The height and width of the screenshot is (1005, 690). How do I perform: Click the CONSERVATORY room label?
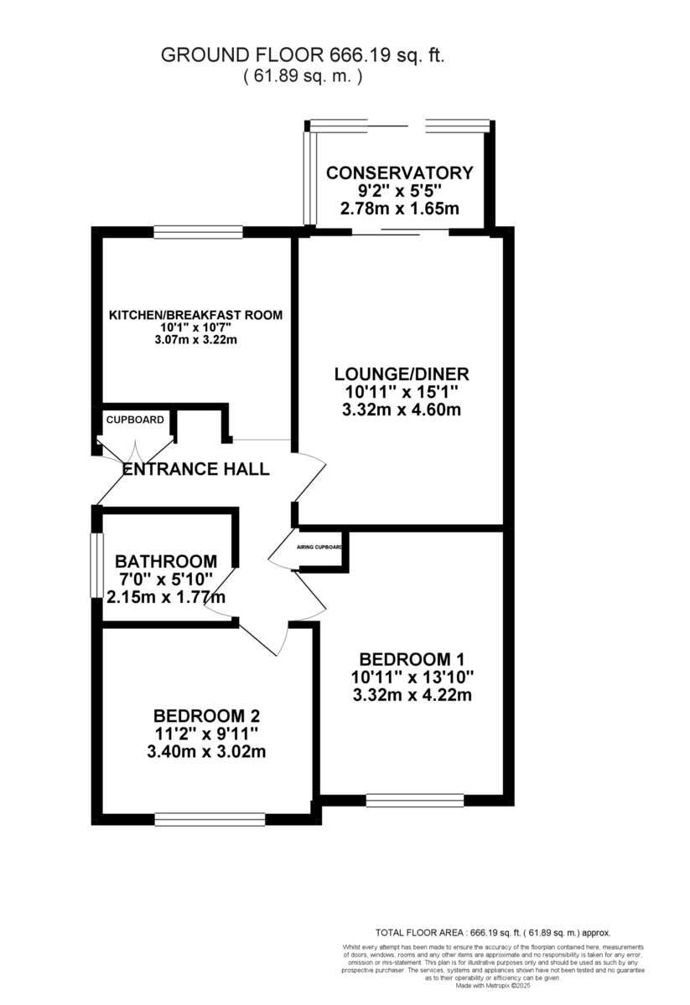click(x=399, y=173)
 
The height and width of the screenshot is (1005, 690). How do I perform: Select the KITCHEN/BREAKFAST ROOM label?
click(x=195, y=315)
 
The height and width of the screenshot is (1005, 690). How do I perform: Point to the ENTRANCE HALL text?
click(x=196, y=469)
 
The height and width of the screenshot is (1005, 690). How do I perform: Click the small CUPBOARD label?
click(x=135, y=420)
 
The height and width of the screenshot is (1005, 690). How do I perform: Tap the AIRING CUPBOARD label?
click(x=319, y=547)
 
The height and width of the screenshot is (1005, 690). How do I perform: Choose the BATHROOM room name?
click(x=166, y=561)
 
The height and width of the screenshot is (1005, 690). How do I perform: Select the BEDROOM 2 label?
click(x=207, y=716)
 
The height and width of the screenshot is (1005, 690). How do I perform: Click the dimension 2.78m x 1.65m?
click(x=399, y=209)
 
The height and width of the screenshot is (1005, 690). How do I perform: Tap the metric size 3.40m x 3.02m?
click(x=207, y=751)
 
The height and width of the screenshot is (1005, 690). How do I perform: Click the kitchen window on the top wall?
click(x=198, y=232)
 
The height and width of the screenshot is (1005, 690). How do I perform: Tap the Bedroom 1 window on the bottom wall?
click(x=415, y=801)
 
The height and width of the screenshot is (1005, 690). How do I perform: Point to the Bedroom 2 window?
click(x=210, y=818)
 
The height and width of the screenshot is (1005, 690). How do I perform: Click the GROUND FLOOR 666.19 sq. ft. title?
click(x=302, y=56)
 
